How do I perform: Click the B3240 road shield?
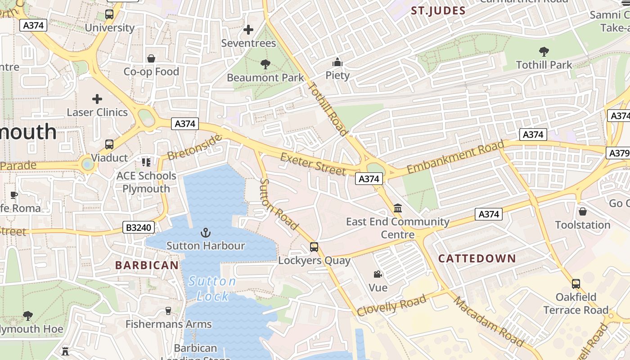[139, 227]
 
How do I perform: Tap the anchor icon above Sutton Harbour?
[205, 233]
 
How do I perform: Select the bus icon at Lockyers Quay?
[314, 247]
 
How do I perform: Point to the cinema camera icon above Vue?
[378, 274]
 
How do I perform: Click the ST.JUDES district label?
[438, 11]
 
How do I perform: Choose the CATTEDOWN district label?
[477, 258]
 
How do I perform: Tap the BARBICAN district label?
[147, 265]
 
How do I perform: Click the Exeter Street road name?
[313, 164]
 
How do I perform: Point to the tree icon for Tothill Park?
[544, 51]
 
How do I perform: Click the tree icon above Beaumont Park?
[265, 64]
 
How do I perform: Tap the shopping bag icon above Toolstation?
[583, 211]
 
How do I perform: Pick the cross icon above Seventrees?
[248, 30]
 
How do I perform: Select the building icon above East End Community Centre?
[398, 208]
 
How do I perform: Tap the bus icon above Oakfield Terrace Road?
[576, 284]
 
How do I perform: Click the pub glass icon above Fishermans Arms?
[168, 311]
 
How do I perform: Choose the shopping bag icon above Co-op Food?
[151, 58]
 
